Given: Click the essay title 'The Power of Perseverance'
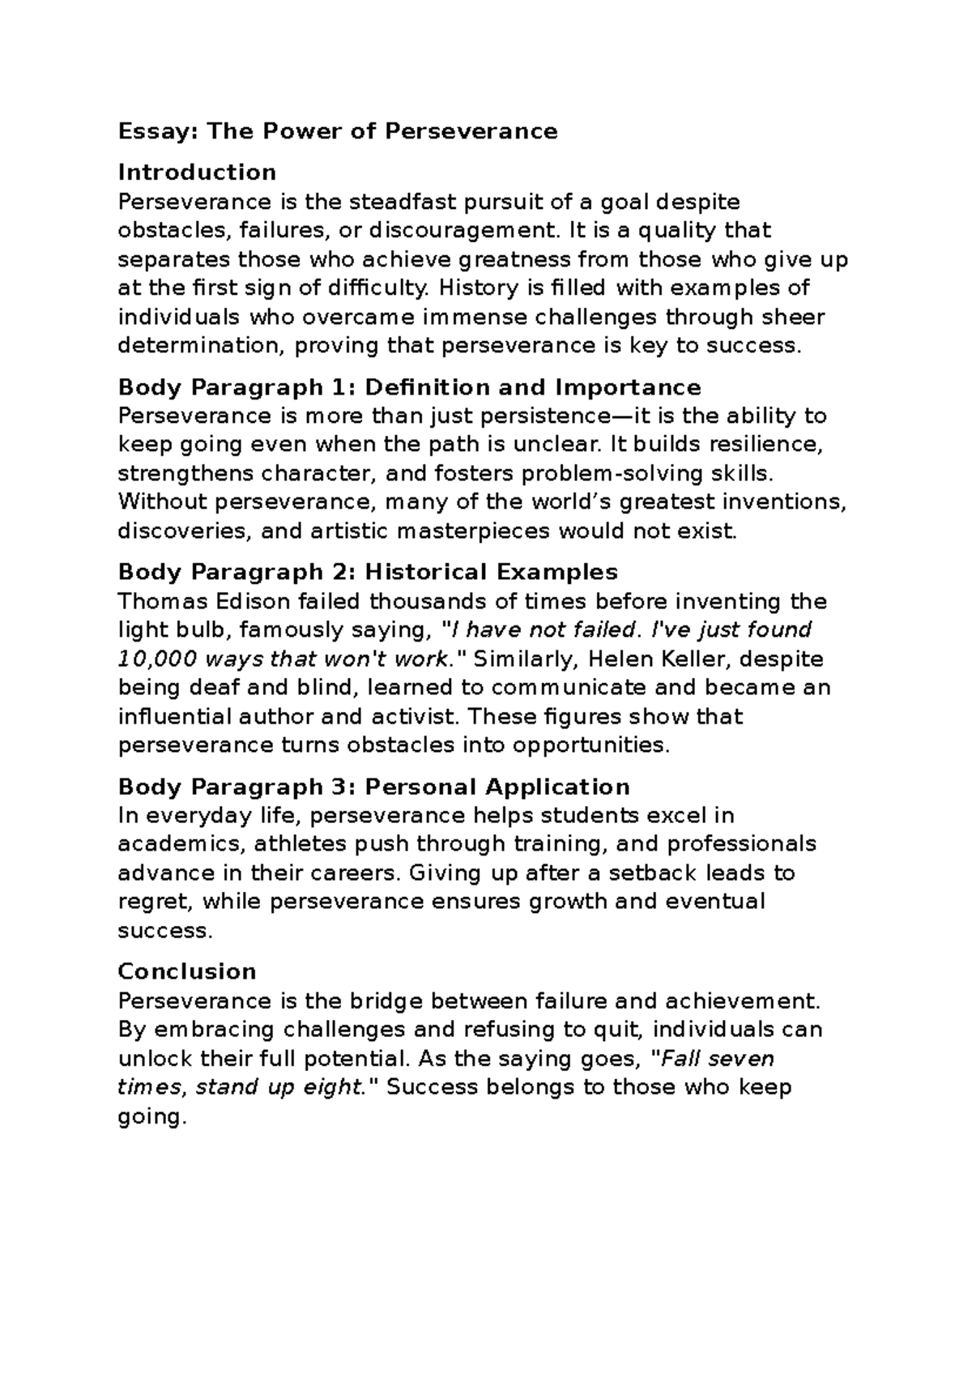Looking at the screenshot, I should point(382,131).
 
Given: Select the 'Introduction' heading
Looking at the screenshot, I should point(197,172).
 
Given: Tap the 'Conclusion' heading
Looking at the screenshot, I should point(187,971).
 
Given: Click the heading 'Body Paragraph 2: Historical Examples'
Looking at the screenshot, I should point(368,572).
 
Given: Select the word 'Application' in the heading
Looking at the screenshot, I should point(556,787).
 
